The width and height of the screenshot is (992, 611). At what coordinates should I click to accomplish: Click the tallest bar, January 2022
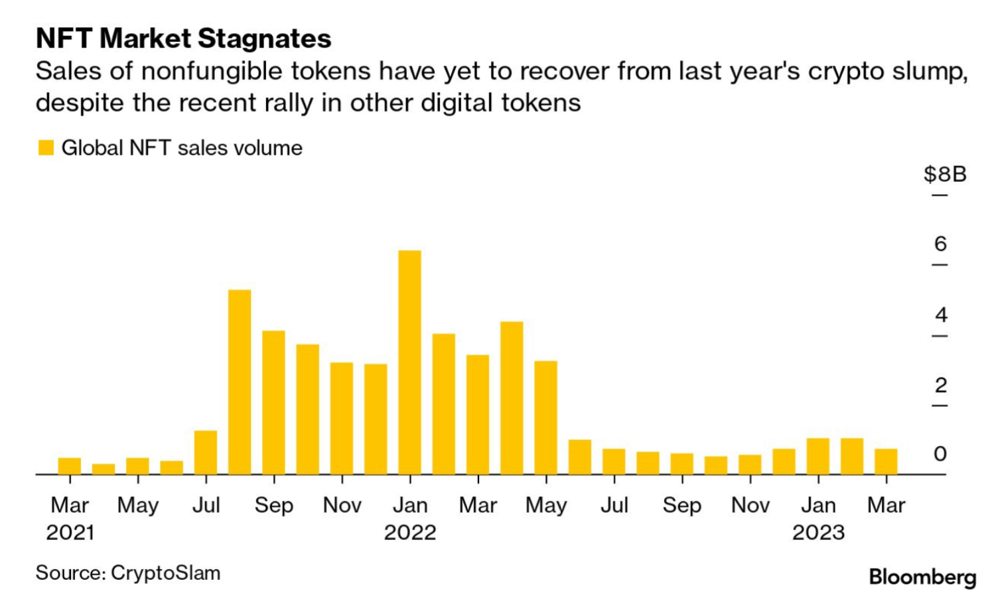(x=409, y=362)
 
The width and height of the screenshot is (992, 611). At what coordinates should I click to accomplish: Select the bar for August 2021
(x=240, y=382)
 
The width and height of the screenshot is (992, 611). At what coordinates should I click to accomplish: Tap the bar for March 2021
(x=70, y=466)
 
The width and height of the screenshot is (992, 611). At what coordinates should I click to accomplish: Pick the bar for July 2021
(x=206, y=452)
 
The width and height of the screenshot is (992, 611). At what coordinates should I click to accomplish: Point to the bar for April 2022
(x=512, y=398)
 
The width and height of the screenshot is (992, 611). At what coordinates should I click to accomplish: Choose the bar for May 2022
(x=545, y=418)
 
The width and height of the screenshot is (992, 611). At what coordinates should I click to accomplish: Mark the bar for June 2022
(x=579, y=457)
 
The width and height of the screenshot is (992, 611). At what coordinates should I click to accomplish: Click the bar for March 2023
(x=886, y=462)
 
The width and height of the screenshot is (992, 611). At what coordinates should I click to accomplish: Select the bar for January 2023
(x=818, y=456)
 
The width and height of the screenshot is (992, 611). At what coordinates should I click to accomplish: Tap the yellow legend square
(x=46, y=148)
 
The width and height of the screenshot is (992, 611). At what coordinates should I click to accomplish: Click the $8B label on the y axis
(x=945, y=174)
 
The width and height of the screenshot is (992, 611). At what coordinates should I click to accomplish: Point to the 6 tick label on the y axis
(x=940, y=244)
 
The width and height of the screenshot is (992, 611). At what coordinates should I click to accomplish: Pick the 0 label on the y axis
(x=940, y=454)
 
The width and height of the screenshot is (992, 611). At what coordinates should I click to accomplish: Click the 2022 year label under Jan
(x=410, y=532)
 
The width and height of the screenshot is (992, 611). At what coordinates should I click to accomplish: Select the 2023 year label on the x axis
(x=818, y=532)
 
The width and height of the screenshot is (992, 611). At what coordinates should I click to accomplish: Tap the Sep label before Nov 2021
(x=274, y=506)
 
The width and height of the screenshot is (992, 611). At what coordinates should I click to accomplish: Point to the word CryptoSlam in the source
(x=165, y=573)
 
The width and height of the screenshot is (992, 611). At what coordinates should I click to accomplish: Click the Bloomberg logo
(x=922, y=577)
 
